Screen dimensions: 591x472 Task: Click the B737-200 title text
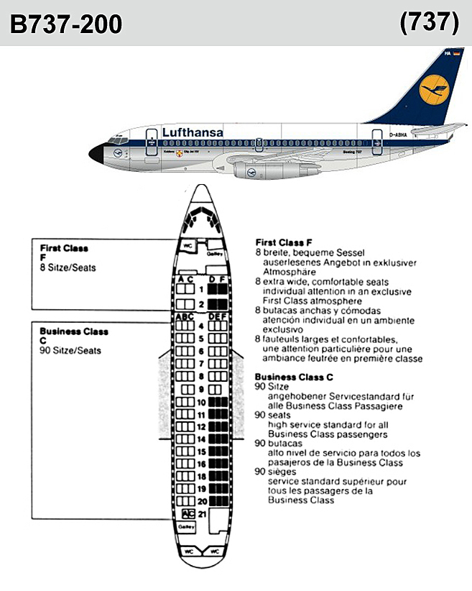pyautogui.click(x=66, y=25)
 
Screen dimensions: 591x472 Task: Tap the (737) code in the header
pyautogui.click(x=429, y=23)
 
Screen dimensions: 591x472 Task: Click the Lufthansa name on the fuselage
pyautogui.click(x=193, y=132)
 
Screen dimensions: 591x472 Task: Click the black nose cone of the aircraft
pyautogui.click(x=96, y=152)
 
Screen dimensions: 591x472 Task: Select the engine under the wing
pyautogui.click(x=259, y=173)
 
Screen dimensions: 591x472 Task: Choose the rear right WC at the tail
pyautogui.click(x=216, y=551)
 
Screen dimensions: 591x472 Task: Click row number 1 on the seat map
pyautogui.click(x=202, y=290)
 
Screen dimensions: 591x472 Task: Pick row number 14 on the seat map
pyautogui.click(x=202, y=439)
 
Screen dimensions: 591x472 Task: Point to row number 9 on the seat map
pyautogui.click(x=202, y=389)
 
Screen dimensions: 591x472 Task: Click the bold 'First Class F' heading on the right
pyautogui.click(x=284, y=242)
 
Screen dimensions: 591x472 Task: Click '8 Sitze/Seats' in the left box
pyautogui.click(x=68, y=267)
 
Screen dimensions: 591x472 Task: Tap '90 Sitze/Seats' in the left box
pyautogui.click(x=70, y=350)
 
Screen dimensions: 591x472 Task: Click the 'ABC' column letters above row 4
pyautogui.click(x=185, y=316)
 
